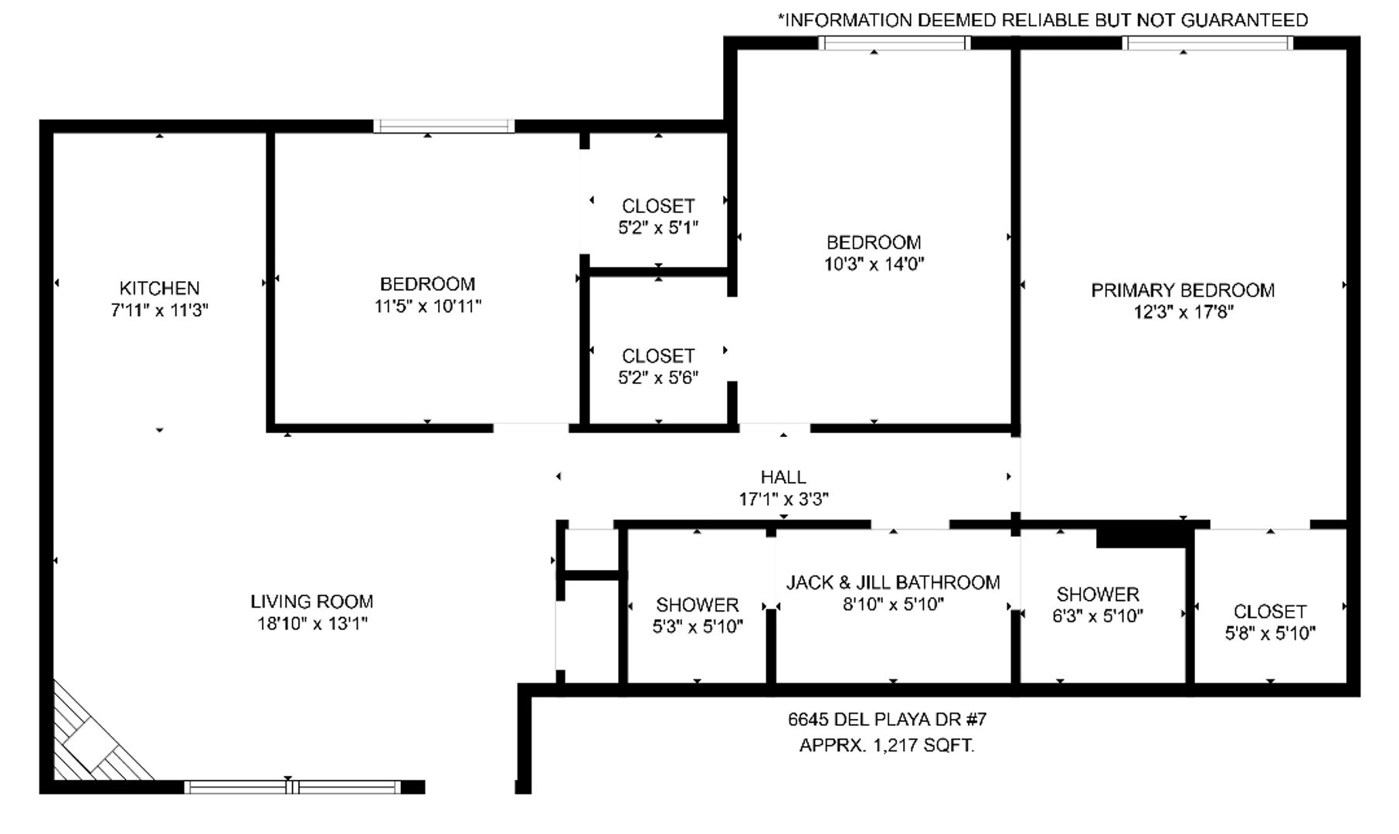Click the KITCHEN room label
click(159, 288)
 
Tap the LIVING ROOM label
click(311, 602)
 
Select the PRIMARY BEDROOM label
click(1183, 290)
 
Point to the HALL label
click(783, 477)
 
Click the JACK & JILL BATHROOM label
click(893, 582)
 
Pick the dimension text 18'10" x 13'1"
click(312, 623)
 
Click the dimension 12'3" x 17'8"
click(1183, 312)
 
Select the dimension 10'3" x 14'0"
click(874, 264)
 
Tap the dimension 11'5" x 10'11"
click(427, 306)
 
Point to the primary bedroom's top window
click(1208, 42)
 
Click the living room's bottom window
click(293, 787)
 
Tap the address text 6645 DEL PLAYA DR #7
click(887, 720)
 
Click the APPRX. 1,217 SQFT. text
click(887, 746)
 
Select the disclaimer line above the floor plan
click(1042, 20)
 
